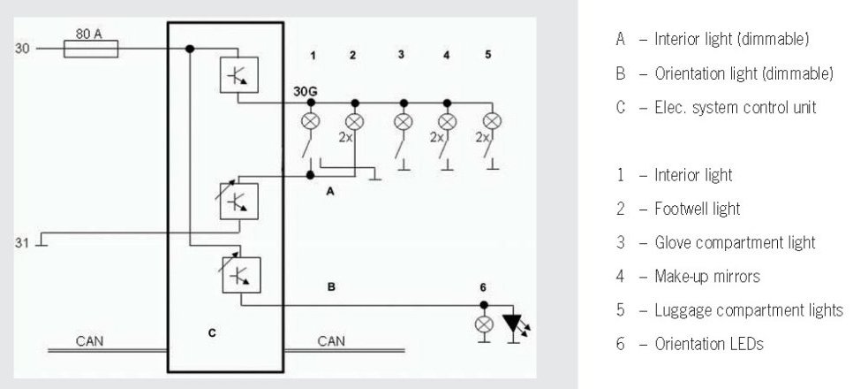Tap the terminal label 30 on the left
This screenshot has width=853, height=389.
(x=24, y=48)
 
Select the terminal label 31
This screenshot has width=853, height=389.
(x=24, y=240)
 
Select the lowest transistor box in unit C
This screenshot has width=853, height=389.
(x=240, y=273)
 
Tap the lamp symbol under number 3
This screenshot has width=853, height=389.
(x=404, y=121)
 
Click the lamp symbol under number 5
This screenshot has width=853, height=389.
(x=492, y=121)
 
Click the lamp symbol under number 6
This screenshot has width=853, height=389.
(x=484, y=324)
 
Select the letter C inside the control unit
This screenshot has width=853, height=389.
(x=212, y=332)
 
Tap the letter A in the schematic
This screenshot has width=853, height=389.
(x=331, y=191)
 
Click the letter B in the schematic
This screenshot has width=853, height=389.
(x=331, y=287)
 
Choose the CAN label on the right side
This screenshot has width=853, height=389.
(x=331, y=340)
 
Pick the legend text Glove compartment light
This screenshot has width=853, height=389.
(x=735, y=242)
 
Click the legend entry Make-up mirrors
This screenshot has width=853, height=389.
(x=706, y=277)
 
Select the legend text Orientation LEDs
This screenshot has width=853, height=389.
(x=709, y=344)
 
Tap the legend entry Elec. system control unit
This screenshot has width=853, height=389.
(x=735, y=108)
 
